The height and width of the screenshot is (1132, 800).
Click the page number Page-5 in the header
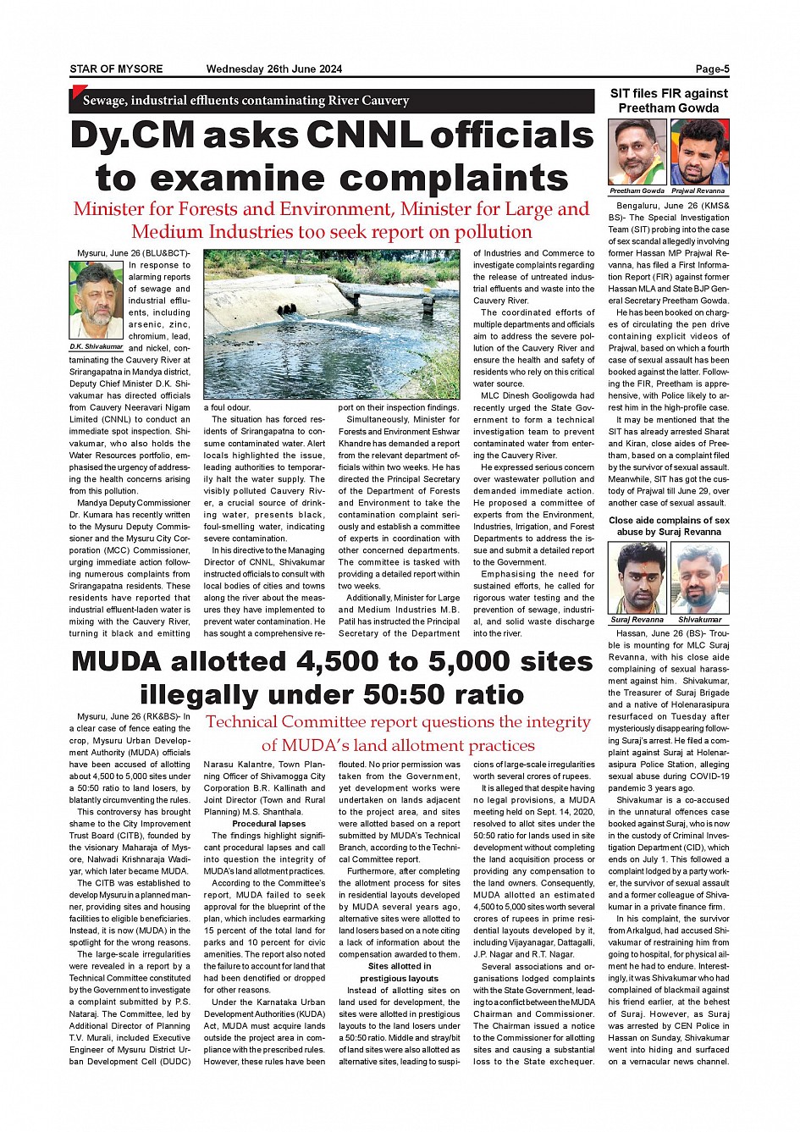click(x=712, y=69)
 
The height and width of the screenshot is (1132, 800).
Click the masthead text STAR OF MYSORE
click(x=116, y=69)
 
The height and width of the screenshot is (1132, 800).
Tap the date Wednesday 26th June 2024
click(x=273, y=69)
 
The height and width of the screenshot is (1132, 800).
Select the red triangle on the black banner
click(x=79, y=92)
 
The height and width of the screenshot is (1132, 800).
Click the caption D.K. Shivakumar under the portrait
click(x=97, y=347)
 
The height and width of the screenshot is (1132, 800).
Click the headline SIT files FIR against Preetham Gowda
click(x=669, y=101)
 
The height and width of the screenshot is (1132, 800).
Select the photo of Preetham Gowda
click(x=637, y=152)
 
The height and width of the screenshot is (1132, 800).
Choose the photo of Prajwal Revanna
click(x=699, y=152)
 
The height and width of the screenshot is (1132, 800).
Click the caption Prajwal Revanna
click(x=698, y=191)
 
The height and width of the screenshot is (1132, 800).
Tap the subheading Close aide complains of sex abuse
click(x=669, y=526)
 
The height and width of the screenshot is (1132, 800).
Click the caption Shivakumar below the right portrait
click(x=699, y=620)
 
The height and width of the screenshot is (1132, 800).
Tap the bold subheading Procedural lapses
click(x=268, y=824)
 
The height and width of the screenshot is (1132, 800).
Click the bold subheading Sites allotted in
click(x=400, y=966)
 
